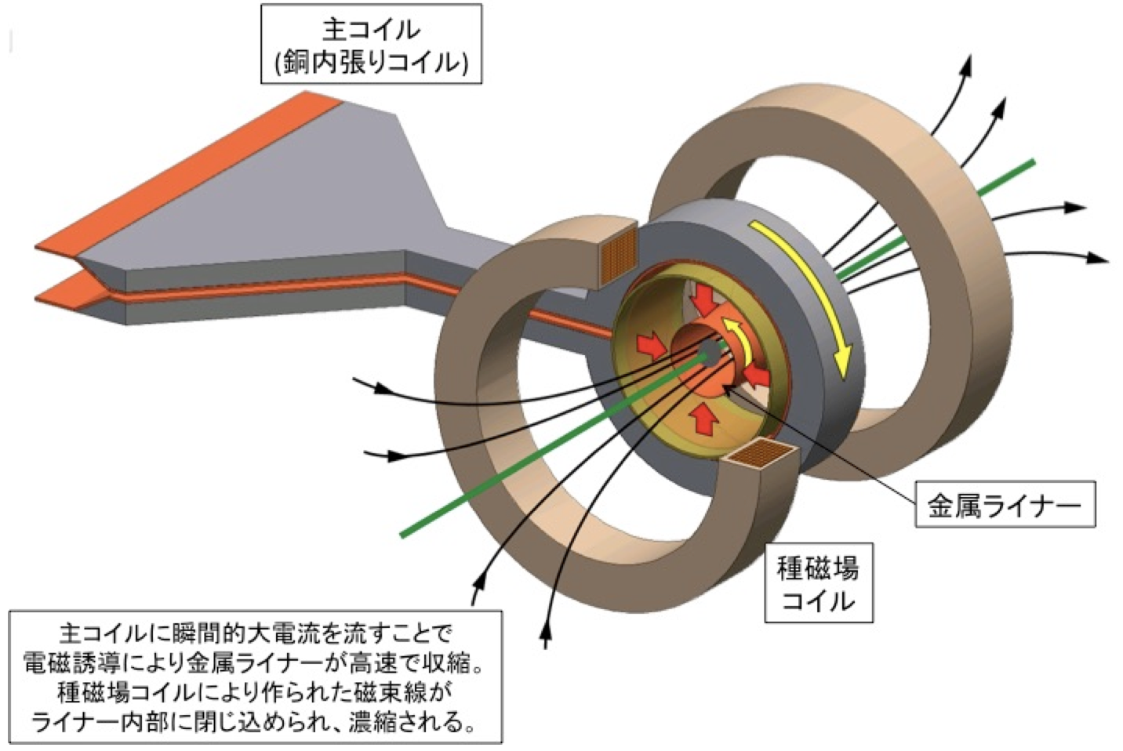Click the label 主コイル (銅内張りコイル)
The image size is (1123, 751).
(x=370, y=44)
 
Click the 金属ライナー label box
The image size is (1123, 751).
(x=1005, y=503)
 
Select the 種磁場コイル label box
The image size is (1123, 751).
(x=818, y=583)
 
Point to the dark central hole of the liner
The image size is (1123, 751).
(x=707, y=352)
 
